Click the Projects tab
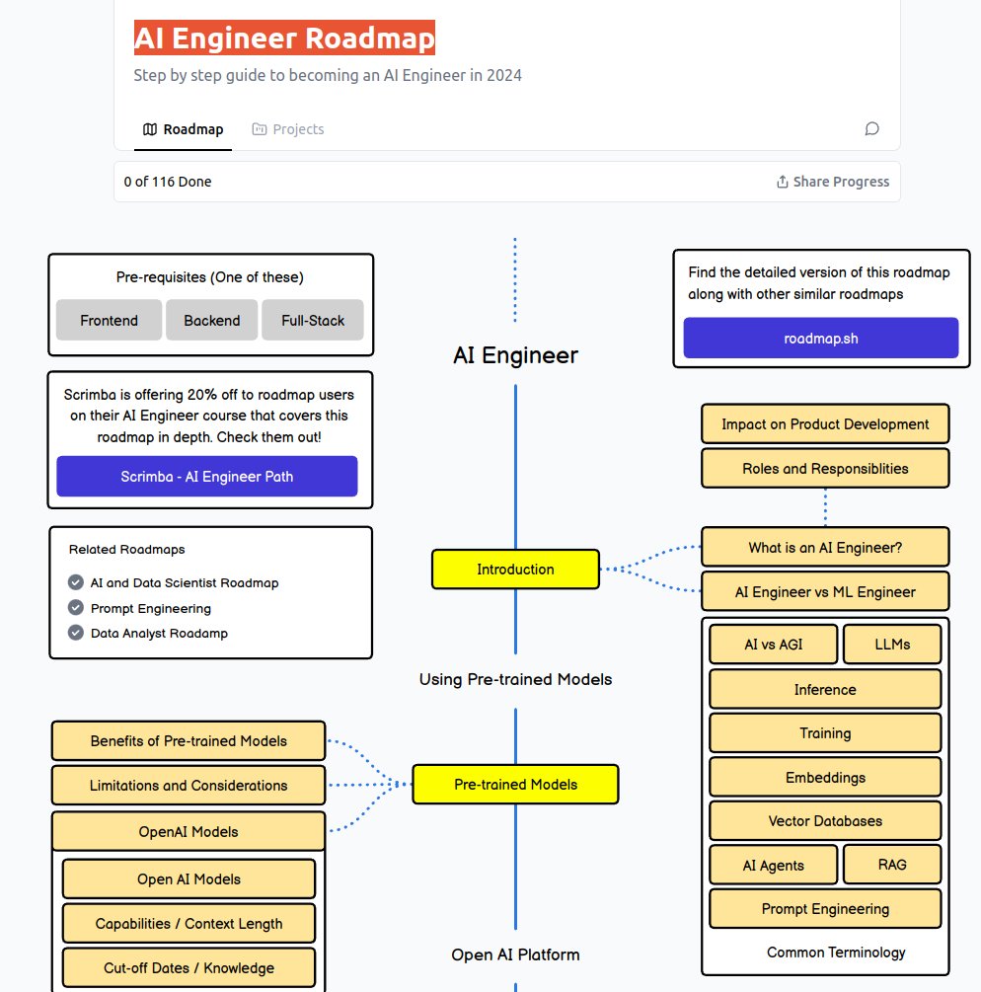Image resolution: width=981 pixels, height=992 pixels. coord(288,129)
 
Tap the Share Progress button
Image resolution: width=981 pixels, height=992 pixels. coord(833,182)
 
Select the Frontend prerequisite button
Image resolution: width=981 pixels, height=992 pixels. coord(109,321)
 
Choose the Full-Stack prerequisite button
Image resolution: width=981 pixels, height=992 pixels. coord(313,321)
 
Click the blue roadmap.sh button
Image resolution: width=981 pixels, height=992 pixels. coord(820,338)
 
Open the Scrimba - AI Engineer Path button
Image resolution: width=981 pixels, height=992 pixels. coord(207,476)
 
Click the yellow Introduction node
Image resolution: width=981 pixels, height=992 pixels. coord(515,570)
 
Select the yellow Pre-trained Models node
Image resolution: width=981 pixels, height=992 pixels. coord(515,785)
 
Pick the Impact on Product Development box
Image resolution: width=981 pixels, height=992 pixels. coord(825,424)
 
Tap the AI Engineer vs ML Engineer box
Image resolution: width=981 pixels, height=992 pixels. coord(825,592)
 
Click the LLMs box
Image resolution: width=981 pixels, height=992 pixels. coord(892,645)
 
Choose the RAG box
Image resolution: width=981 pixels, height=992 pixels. coord(892,865)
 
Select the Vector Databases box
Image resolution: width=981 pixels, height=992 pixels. coord(825,821)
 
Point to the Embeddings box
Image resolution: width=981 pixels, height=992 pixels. coord(825,778)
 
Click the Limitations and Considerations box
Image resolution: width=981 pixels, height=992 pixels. coord(189,786)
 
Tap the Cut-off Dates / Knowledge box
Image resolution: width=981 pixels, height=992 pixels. coord(189,968)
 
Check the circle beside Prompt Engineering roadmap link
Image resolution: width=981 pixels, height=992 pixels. coord(76,608)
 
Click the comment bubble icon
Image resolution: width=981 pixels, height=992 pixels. coord(871,128)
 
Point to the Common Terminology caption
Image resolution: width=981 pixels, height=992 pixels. coord(836,953)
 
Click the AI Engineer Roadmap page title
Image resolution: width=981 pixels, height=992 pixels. coord(284,38)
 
